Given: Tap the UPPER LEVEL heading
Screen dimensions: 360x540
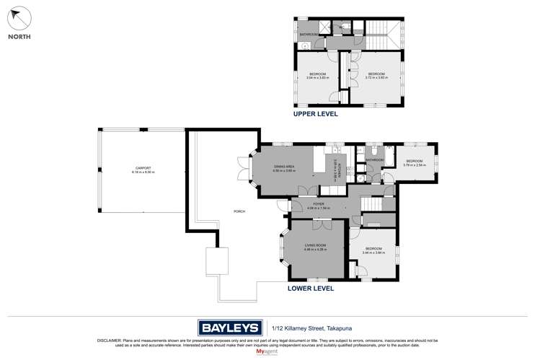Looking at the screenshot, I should point(315,114).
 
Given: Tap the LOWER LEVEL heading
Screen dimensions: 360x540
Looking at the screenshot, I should point(311,287).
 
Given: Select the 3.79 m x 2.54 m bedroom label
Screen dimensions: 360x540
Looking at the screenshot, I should point(414,163).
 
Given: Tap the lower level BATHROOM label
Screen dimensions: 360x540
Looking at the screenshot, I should point(374,159).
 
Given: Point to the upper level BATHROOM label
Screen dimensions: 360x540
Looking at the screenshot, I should point(310,33).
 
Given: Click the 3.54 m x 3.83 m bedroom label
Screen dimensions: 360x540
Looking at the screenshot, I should point(318,76).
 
